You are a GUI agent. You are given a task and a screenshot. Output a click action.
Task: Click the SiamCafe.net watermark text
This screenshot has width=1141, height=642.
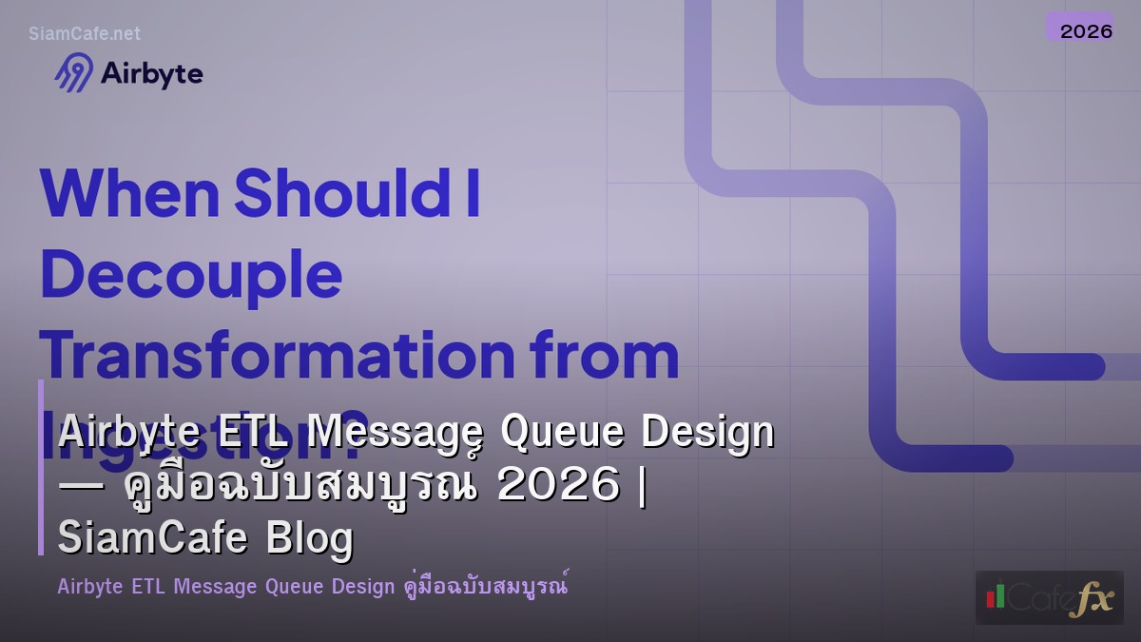click(85, 33)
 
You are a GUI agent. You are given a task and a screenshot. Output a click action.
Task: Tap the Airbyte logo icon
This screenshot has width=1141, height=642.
click(74, 73)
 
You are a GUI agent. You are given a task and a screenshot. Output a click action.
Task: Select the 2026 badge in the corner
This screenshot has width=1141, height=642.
click(1086, 30)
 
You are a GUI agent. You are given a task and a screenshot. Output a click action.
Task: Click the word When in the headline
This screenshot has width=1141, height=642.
click(130, 192)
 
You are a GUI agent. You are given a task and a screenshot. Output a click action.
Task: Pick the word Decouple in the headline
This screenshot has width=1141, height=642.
click(190, 274)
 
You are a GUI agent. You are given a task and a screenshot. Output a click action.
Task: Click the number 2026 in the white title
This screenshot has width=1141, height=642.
click(557, 486)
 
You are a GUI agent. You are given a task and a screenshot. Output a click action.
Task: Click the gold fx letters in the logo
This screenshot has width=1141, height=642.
click(1090, 599)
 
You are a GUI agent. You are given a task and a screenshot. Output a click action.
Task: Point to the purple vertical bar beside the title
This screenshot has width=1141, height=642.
click(41, 466)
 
